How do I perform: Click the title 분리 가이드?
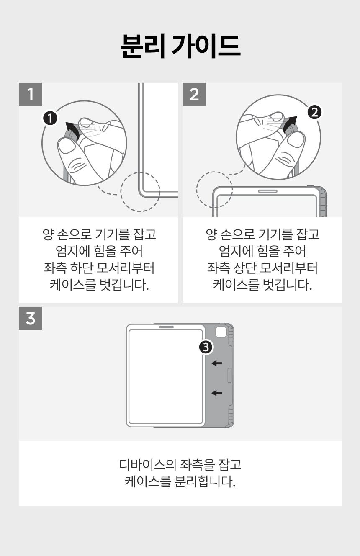tap(180, 46)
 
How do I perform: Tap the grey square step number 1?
tap(30, 94)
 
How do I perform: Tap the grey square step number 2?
tap(194, 94)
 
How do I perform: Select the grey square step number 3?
tap(30, 318)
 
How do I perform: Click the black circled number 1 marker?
tap(50, 118)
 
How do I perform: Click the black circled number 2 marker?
tap(315, 112)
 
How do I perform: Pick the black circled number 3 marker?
tap(206, 347)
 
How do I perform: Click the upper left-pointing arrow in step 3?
tap(216, 363)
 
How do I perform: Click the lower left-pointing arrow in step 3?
tap(216, 393)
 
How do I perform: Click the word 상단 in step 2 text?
tap(244, 268)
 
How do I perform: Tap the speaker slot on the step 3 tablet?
tap(167, 327)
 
